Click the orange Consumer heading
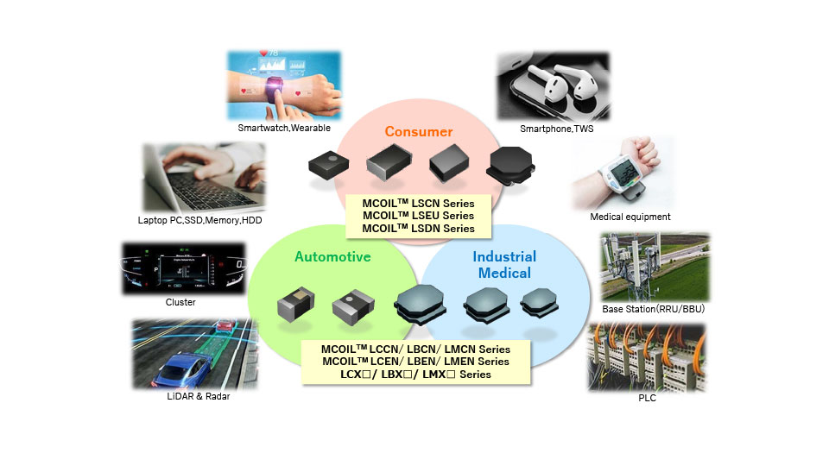coord(419,132)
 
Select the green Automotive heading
coord(332,256)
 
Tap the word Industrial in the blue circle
coord(504,256)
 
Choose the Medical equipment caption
coord(630,217)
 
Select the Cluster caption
coord(180,302)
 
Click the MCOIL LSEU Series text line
coord(419,216)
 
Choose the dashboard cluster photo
coord(180,268)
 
